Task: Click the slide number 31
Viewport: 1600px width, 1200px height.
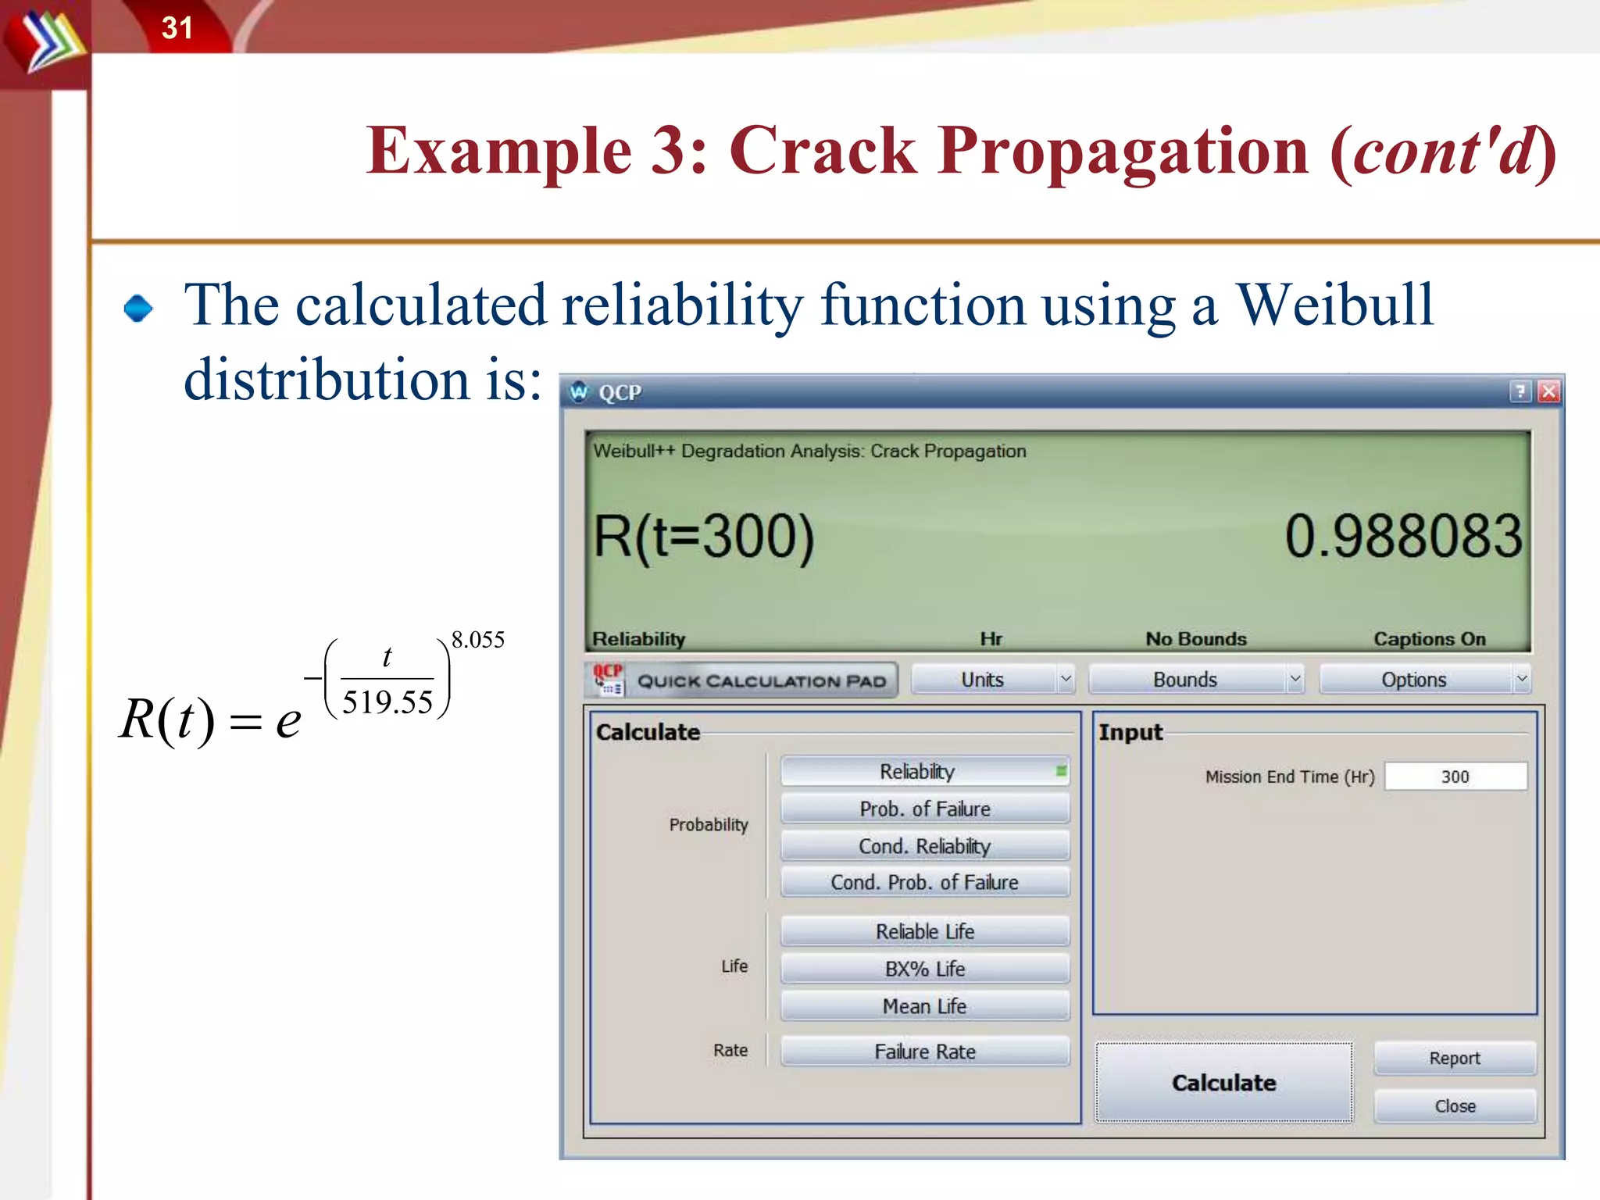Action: click(x=177, y=28)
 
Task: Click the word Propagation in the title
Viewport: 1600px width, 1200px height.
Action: click(x=1123, y=151)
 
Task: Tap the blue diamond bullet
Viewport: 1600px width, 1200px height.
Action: click(x=138, y=308)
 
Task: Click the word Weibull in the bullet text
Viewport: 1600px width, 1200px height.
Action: click(x=1334, y=305)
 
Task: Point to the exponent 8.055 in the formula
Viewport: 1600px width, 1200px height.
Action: click(x=477, y=640)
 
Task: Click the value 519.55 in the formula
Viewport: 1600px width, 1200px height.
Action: click(x=387, y=702)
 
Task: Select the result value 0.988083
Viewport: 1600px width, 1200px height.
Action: click(x=1403, y=537)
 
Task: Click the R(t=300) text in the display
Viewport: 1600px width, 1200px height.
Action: click(x=703, y=537)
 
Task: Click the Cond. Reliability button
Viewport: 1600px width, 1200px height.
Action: click(x=924, y=846)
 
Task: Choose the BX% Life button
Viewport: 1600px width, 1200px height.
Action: click(x=924, y=969)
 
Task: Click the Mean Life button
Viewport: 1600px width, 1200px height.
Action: click(x=924, y=1006)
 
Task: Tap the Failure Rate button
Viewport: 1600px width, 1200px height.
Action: click(x=924, y=1052)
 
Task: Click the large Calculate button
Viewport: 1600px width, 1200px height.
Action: click(x=1223, y=1083)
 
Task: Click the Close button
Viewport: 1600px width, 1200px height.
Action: click(x=1455, y=1106)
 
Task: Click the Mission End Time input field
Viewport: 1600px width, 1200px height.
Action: click(x=1455, y=777)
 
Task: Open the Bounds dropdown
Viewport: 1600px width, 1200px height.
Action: click(x=1195, y=680)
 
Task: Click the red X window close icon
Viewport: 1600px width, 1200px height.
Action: click(x=1548, y=391)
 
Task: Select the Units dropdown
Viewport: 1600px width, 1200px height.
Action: click(x=992, y=680)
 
